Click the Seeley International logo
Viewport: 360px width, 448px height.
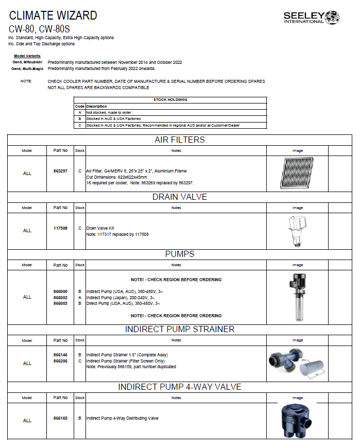pos(311,18)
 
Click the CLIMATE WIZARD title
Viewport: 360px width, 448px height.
pos(53,15)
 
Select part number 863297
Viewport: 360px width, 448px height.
pos(61,170)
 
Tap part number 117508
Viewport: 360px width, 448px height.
pos(61,228)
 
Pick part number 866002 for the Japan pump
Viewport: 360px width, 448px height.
pos(61,298)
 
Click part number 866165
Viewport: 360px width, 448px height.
pos(61,418)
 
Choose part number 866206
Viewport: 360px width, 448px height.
pos(61,361)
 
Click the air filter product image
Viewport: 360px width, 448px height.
pos(297,173)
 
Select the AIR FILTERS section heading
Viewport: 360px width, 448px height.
pos(179,140)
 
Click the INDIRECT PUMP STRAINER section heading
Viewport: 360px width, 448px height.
pos(179,329)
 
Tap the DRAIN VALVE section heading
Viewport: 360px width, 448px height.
pos(179,197)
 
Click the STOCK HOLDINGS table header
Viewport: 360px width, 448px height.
pos(170,100)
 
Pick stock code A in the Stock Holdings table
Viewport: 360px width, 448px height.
pos(80,112)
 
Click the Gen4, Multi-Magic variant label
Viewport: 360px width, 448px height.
pos(27,68)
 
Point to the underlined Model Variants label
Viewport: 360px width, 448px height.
pos(27,56)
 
